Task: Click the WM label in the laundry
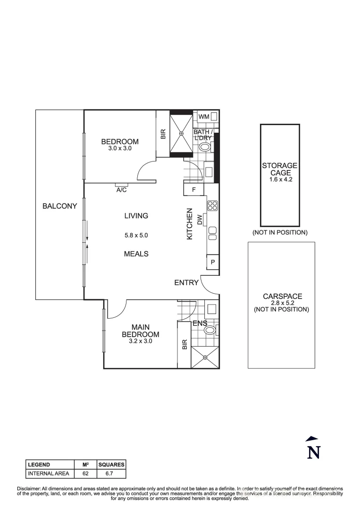point(203,117)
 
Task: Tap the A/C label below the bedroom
point(121,190)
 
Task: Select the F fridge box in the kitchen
point(193,190)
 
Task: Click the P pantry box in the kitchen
point(212,262)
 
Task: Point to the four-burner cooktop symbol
point(212,205)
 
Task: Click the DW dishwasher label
point(200,220)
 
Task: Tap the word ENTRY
point(186,283)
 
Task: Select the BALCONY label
point(59,206)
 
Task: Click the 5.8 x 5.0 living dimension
point(136,235)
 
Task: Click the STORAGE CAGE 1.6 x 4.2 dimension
point(280,179)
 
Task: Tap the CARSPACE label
point(282,297)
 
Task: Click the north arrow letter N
point(314,452)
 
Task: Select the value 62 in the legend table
point(85,473)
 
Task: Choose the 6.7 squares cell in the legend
point(111,473)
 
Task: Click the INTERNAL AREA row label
point(49,473)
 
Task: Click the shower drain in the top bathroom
point(181,134)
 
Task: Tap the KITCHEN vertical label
point(190,224)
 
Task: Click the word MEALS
point(136,254)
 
